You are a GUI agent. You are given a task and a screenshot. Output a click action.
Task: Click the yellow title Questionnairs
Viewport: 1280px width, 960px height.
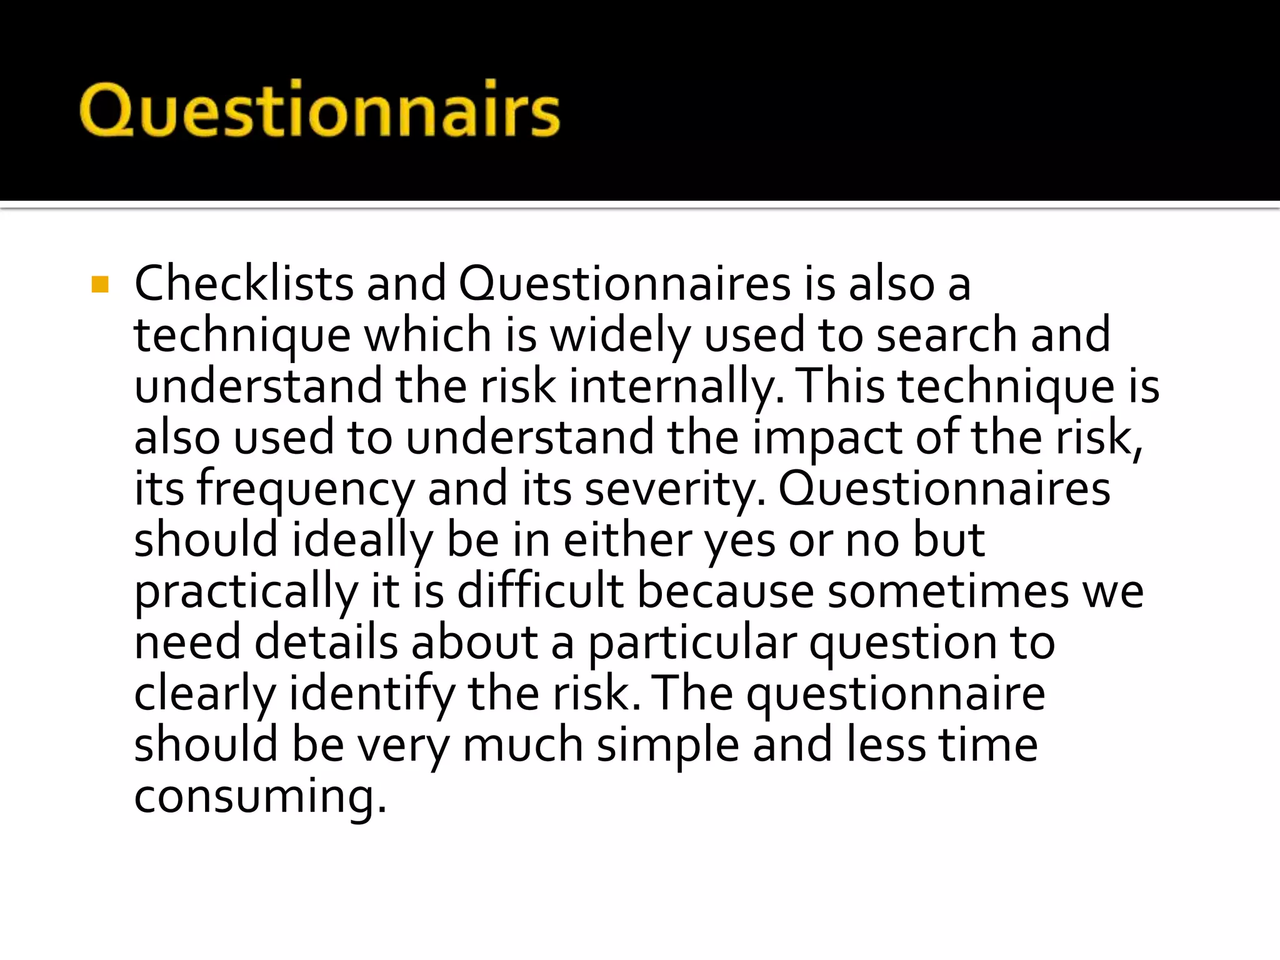(x=319, y=110)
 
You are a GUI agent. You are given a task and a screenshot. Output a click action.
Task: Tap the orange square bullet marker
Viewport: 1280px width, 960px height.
(x=100, y=285)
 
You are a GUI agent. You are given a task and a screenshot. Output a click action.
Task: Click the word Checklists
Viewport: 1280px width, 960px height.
(x=244, y=284)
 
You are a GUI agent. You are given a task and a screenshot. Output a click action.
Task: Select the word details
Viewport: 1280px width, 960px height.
(x=326, y=642)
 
